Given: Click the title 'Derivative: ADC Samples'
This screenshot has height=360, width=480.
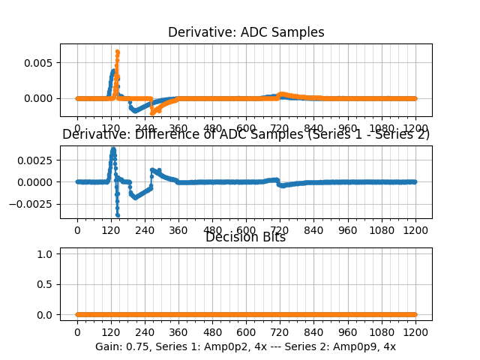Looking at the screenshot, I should (246, 32).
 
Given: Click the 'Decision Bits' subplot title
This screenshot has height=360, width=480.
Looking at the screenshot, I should (246, 238).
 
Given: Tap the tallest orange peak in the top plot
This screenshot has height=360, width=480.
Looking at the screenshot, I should (117, 52).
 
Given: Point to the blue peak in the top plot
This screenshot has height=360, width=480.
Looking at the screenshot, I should (113, 71).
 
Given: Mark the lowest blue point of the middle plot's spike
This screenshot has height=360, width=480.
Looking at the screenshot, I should (117, 215).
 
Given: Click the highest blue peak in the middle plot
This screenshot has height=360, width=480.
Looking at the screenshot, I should (113, 148).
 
